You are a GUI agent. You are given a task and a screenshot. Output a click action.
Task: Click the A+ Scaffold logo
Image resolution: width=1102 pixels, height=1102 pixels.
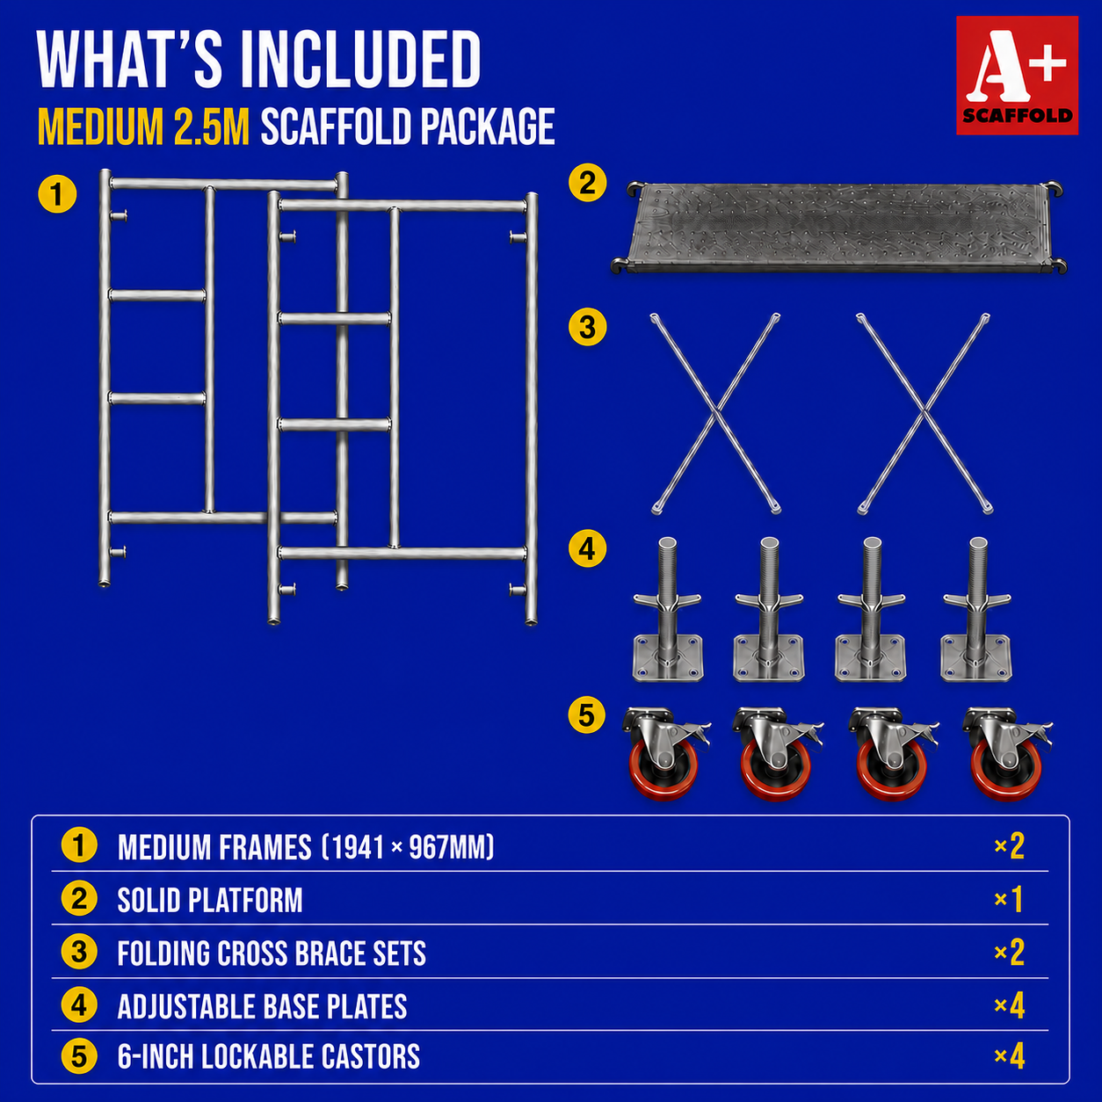[x=1017, y=75]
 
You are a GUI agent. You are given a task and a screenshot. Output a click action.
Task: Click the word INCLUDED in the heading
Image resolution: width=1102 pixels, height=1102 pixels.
[x=360, y=60]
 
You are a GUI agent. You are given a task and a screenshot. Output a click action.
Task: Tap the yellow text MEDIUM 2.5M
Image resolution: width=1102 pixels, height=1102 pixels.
[x=143, y=127]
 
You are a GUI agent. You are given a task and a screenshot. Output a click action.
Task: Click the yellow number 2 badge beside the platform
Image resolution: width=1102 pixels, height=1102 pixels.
[x=587, y=183]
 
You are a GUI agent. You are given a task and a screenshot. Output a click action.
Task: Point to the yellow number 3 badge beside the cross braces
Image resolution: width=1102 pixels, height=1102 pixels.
[x=587, y=327]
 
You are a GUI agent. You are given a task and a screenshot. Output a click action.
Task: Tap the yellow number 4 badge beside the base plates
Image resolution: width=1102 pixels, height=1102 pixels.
[x=587, y=548]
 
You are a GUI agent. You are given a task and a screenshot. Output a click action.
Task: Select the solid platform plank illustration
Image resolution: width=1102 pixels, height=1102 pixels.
[x=838, y=227]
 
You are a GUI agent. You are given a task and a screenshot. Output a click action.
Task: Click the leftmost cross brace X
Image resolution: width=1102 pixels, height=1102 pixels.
[x=715, y=413]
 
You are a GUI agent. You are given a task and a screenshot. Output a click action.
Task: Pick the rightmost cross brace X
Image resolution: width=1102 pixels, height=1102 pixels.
[x=924, y=413]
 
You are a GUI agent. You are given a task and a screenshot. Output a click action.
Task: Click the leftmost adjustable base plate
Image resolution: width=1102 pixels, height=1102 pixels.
[x=667, y=609]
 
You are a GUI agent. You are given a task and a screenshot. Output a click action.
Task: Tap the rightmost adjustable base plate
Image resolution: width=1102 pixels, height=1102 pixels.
[x=976, y=609]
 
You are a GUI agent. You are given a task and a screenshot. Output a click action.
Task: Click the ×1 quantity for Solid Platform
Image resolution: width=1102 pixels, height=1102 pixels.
[x=1010, y=900]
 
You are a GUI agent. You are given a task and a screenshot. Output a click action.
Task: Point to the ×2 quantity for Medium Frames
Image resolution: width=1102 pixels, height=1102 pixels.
[x=1010, y=846]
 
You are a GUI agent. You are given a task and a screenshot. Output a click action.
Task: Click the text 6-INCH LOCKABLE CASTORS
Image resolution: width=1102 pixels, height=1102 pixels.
[x=269, y=1057]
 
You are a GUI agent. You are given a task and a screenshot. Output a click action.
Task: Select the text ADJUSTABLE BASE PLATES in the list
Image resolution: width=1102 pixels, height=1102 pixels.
[x=262, y=1006]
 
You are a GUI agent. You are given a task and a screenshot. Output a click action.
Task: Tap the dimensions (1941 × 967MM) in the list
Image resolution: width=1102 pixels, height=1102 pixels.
[x=408, y=846]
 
